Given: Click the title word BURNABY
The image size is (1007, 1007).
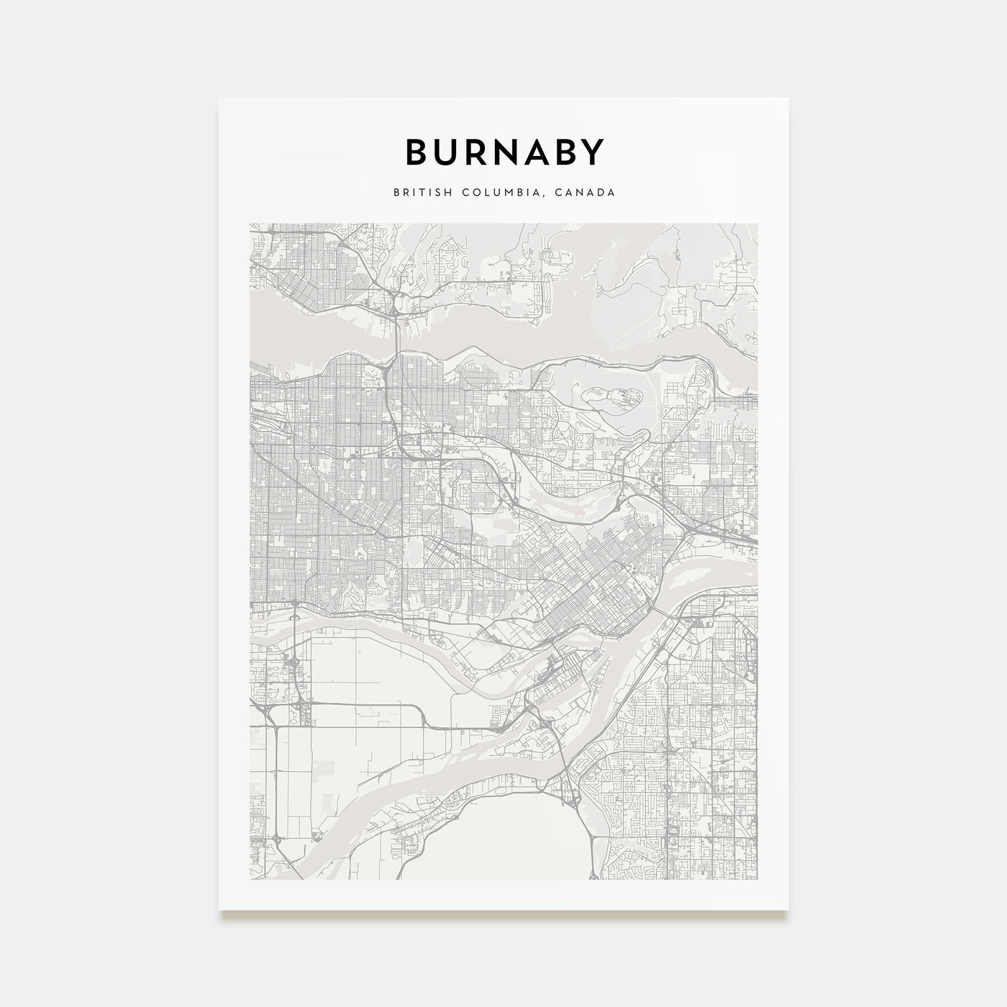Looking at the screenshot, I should [503, 152].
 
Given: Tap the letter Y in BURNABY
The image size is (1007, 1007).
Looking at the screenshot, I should [591, 152].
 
